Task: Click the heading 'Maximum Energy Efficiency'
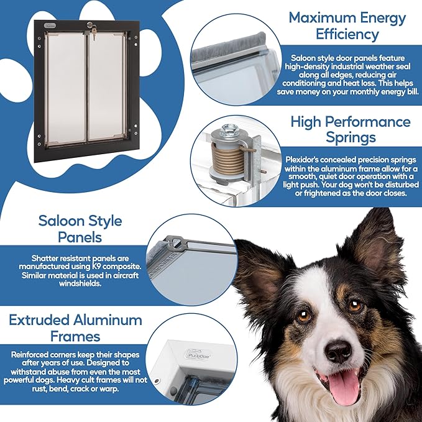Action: (x=347, y=25)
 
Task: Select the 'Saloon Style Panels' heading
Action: (x=80, y=229)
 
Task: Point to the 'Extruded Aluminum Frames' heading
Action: (x=76, y=328)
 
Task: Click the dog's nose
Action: (x=339, y=352)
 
